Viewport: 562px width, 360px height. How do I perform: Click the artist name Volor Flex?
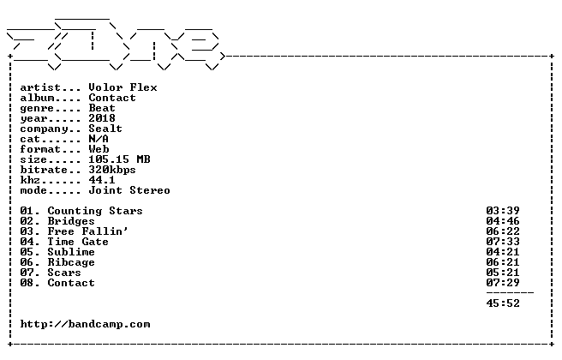123,87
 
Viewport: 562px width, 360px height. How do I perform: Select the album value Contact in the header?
112,98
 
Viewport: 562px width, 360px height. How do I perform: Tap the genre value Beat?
102,108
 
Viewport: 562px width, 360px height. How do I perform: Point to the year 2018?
102,118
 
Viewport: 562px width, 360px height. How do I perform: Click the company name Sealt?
105,129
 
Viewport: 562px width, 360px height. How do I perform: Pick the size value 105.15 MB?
119,159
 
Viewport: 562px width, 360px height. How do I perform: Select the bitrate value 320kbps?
112,170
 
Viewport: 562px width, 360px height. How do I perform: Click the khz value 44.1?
102,180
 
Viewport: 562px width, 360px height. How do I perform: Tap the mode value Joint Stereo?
129,190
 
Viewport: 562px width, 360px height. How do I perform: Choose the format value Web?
99,149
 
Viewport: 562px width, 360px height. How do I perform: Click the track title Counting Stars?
95,211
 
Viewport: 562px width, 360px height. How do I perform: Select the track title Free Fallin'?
87,231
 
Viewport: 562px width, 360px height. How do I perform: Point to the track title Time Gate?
78,242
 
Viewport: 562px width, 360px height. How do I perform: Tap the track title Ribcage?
71,263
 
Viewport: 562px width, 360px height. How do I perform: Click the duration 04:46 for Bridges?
503,221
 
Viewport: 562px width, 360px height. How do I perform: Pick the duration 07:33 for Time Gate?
503,242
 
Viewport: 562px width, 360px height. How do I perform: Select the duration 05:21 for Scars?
503,273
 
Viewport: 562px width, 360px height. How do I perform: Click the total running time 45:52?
503,303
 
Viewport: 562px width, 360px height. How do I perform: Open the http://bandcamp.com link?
86,325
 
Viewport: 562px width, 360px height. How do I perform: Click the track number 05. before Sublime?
30,253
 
